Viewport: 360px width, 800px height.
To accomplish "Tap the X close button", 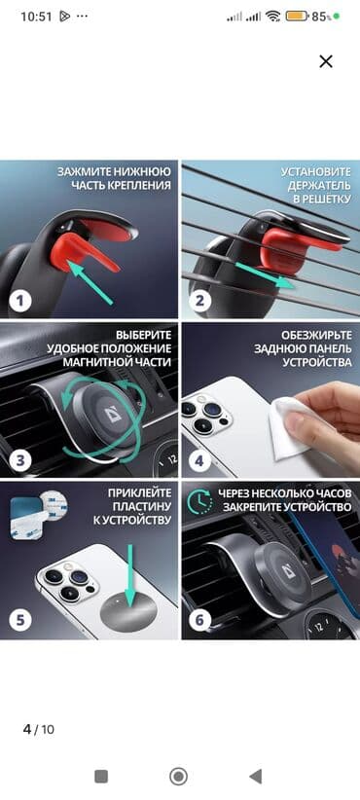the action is pyautogui.click(x=326, y=61).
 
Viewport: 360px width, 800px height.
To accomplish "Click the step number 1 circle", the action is pyautogui.click(x=19, y=301).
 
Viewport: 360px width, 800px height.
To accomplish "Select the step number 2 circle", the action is pyautogui.click(x=199, y=301).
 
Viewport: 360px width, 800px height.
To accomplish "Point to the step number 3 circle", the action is pyautogui.click(x=19, y=460).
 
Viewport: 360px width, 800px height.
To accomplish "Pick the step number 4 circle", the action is pyautogui.click(x=199, y=460).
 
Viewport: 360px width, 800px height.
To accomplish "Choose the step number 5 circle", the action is pyautogui.click(x=19, y=620).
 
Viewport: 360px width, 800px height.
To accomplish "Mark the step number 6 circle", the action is pyautogui.click(x=199, y=620).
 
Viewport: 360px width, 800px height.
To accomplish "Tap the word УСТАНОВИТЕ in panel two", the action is pyautogui.click(x=316, y=171).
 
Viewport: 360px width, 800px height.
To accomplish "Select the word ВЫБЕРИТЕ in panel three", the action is pyautogui.click(x=144, y=335).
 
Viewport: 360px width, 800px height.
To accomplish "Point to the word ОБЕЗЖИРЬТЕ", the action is pyautogui.click(x=316, y=335).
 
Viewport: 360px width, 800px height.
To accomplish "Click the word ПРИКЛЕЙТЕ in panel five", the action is pyautogui.click(x=140, y=493).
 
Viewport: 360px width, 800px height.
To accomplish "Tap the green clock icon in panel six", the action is pyautogui.click(x=199, y=501).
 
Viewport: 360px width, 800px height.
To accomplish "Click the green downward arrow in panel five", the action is pyautogui.click(x=131, y=575).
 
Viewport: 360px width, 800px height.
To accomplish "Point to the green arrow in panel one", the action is pyautogui.click(x=90, y=282).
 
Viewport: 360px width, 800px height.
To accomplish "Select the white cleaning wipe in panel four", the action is pyautogui.click(x=290, y=423).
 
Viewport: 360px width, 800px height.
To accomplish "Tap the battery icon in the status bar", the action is pyautogui.click(x=296, y=17).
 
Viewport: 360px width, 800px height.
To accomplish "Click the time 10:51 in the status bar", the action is pyautogui.click(x=36, y=17).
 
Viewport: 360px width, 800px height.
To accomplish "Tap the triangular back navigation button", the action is pyautogui.click(x=256, y=777).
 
